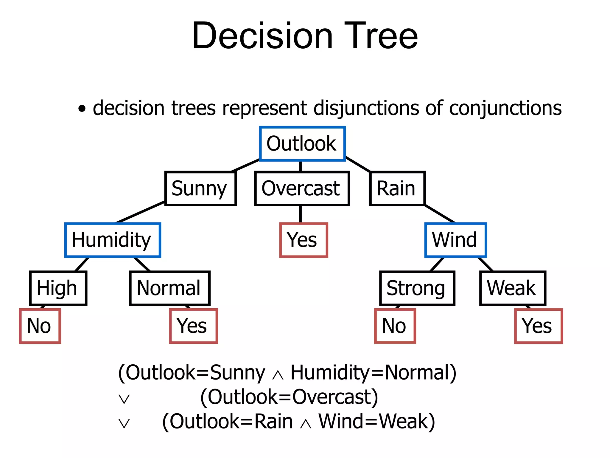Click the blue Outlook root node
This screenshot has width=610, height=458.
302,144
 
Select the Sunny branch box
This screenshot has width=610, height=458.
200,188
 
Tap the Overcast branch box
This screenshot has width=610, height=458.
302,188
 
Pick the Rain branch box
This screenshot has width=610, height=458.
397,188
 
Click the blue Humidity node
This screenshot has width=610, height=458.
113,240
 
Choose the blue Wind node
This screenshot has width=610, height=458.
455,240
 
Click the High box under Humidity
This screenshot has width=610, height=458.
58,288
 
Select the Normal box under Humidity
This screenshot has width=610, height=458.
170,288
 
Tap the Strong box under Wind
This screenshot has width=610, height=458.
417,288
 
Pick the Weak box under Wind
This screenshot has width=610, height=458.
512,288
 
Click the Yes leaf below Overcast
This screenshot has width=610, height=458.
303,240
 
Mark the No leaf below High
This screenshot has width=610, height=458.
40,326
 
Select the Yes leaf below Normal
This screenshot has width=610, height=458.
193,326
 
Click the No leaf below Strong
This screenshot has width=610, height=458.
395,326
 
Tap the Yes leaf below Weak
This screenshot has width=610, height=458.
538,326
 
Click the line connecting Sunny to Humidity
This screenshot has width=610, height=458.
140,212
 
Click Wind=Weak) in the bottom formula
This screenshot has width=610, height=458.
376,421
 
